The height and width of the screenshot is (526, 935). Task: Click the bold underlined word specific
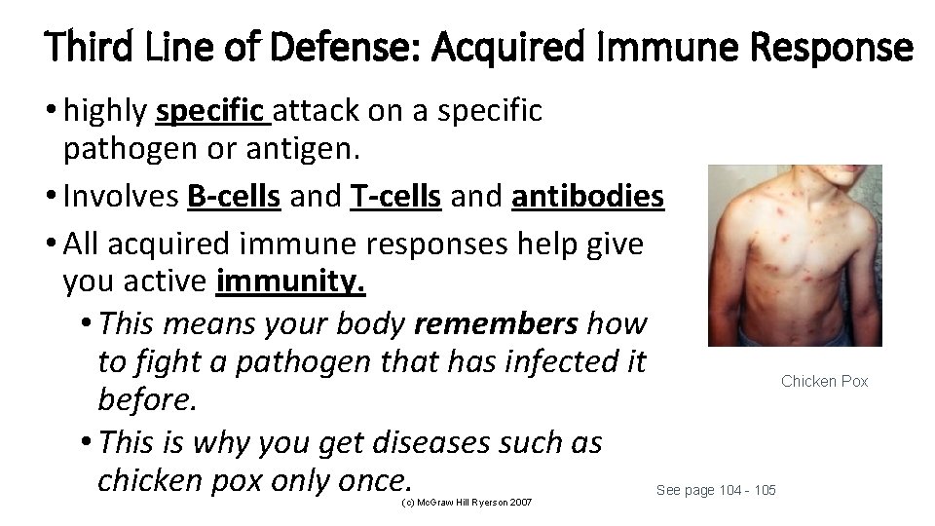click(211, 112)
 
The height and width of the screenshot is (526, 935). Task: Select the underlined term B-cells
click(234, 197)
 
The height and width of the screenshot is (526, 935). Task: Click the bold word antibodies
click(587, 197)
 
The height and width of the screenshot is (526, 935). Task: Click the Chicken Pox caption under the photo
click(824, 381)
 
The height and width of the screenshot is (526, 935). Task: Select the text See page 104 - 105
click(716, 489)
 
